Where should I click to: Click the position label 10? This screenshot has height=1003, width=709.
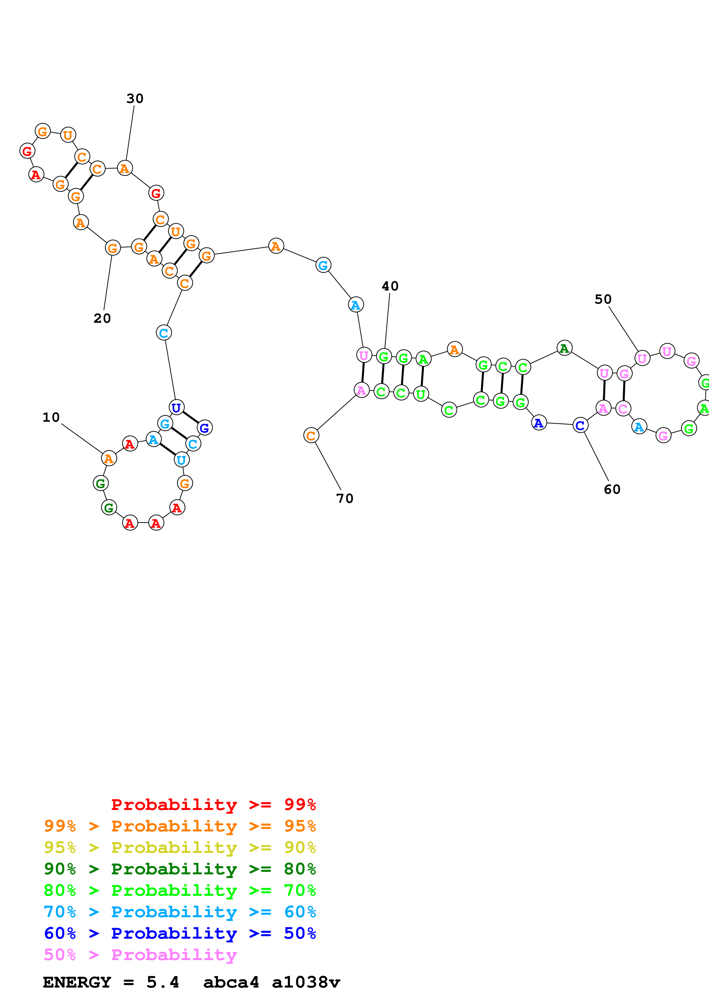coord(51,417)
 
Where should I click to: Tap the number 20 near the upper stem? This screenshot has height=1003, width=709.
coord(102,319)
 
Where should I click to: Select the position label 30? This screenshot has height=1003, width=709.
coord(135,99)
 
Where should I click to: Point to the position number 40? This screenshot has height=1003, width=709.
coord(390,286)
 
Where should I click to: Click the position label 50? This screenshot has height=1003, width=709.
coord(603,299)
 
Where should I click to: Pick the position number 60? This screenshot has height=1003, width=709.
coord(612,489)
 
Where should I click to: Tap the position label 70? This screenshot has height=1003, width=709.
coord(345,498)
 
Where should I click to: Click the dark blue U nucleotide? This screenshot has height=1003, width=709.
coord(176,408)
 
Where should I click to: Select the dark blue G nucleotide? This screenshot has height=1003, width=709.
coord(204,428)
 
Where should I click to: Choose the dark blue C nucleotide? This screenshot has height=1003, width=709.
coord(580,425)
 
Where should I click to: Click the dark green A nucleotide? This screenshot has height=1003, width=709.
coord(564,348)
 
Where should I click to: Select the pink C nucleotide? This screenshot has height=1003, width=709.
coord(623,409)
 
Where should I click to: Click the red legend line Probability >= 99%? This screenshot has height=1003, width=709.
coord(214,805)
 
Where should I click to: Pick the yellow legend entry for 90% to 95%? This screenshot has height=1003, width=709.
coord(180,847)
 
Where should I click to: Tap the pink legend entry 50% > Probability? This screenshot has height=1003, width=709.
coord(140,955)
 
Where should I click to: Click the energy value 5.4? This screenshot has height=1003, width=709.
coord(162,982)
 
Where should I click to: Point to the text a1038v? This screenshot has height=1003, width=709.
coord(306,982)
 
